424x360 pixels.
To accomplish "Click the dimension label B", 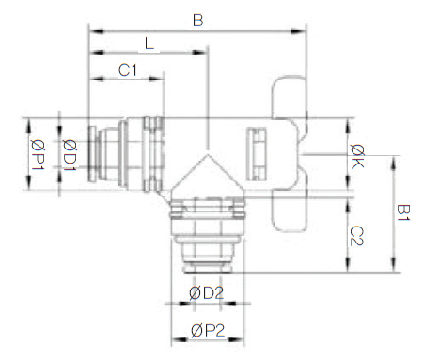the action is [198, 21].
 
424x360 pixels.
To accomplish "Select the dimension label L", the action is [149, 43].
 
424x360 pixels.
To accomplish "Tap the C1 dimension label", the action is [128, 70].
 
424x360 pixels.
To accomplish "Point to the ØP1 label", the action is [38, 155].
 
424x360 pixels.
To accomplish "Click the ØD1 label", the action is [70, 155].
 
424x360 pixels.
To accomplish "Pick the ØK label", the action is [357, 156].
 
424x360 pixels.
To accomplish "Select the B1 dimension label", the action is [403, 212].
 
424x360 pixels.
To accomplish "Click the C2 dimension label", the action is [356, 236].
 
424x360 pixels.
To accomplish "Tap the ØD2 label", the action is [207, 293].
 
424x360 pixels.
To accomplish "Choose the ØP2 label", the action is [208, 331].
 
